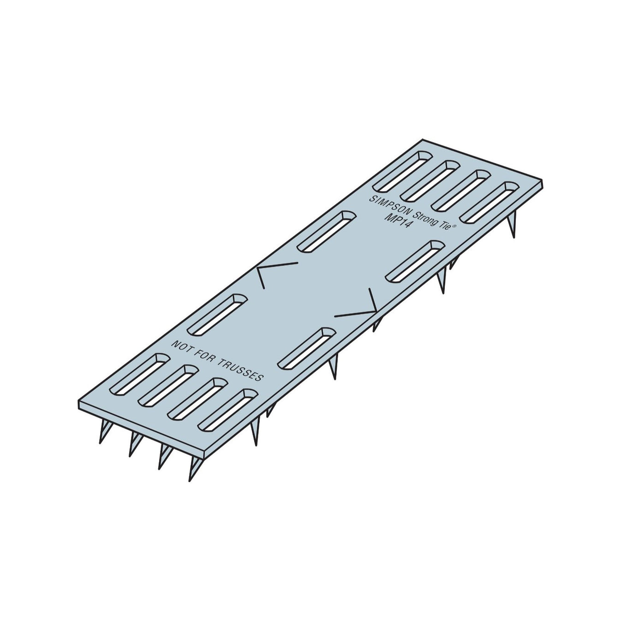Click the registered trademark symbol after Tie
[454, 226]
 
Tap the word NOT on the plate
[181, 347]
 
